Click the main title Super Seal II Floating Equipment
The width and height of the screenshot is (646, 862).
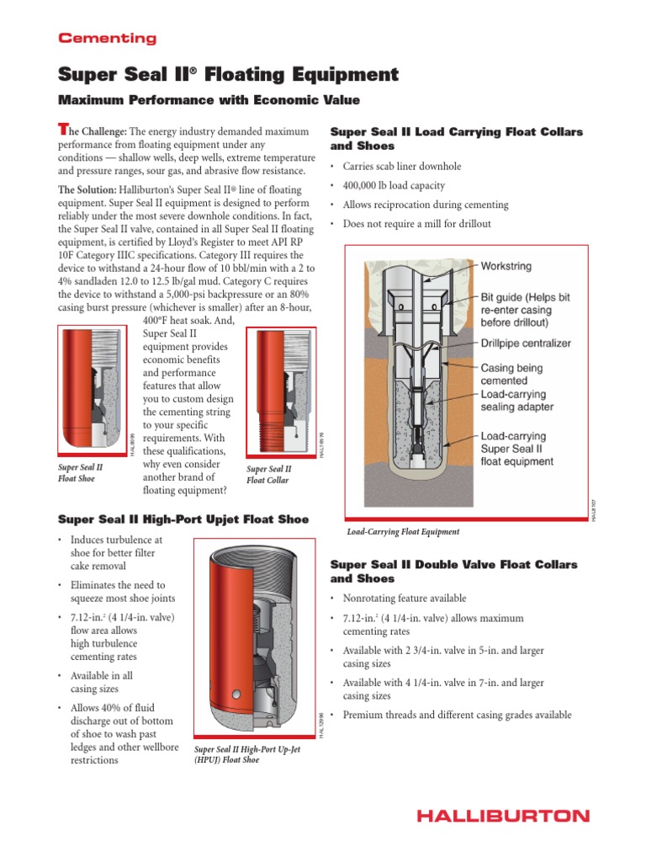click(228, 75)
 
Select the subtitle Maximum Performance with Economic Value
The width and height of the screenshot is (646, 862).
click(208, 100)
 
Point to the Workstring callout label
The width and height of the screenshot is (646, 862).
click(506, 266)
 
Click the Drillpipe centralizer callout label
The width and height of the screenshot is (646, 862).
click(526, 343)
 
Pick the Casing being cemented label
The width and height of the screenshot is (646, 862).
click(511, 374)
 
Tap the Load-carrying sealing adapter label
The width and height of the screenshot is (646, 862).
click(516, 400)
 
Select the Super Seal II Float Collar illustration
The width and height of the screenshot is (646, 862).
click(280, 390)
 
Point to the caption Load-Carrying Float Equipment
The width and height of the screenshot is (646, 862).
click(403, 532)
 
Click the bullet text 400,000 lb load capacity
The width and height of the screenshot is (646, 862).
click(394, 185)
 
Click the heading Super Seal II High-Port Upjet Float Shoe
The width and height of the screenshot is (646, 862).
click(183, 519)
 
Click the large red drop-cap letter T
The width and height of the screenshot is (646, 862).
click(61, 129)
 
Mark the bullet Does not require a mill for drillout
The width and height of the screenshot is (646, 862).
click(416, 224)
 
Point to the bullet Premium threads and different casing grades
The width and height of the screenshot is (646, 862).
click(457, 715)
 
